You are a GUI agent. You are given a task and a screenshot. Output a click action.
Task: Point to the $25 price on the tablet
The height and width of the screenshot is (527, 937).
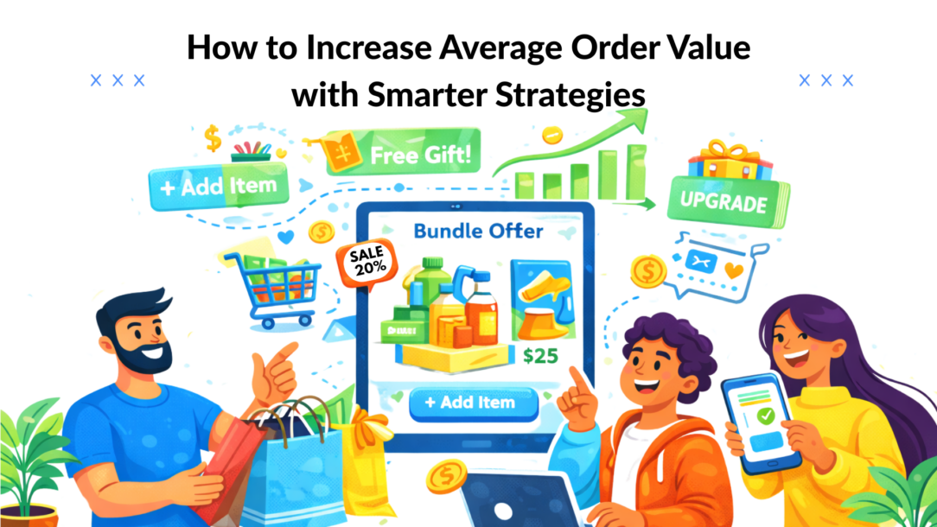pos(541,354)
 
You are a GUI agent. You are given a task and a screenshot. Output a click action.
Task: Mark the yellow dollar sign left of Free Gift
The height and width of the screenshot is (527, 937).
pos(212,137)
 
